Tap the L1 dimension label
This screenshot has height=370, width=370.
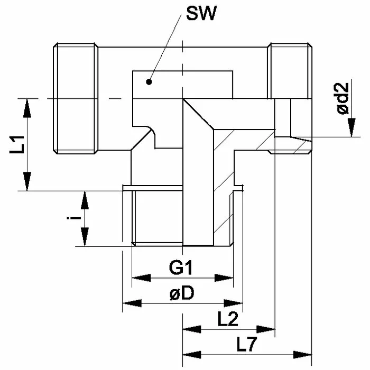(18, 144)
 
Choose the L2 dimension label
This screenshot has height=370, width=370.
(228, 319)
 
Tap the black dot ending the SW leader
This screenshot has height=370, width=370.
(150, 82)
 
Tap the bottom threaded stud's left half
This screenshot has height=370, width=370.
(156, 217)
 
